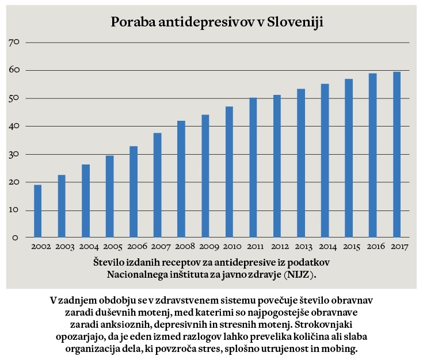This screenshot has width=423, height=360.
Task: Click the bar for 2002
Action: tap(38, 211)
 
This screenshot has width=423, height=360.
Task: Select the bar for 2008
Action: tap(181, 179)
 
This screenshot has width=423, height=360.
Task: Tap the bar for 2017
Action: tap(397, 154)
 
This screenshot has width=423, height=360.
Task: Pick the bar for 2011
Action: tap(253, 167)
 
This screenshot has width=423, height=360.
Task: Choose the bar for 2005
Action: tap(109, 196)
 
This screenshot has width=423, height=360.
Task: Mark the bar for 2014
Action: tap(325, 160)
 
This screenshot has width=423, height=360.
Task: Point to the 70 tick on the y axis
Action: tap(15, 43)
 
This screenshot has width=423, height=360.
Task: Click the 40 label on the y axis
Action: tap(15, 127)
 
